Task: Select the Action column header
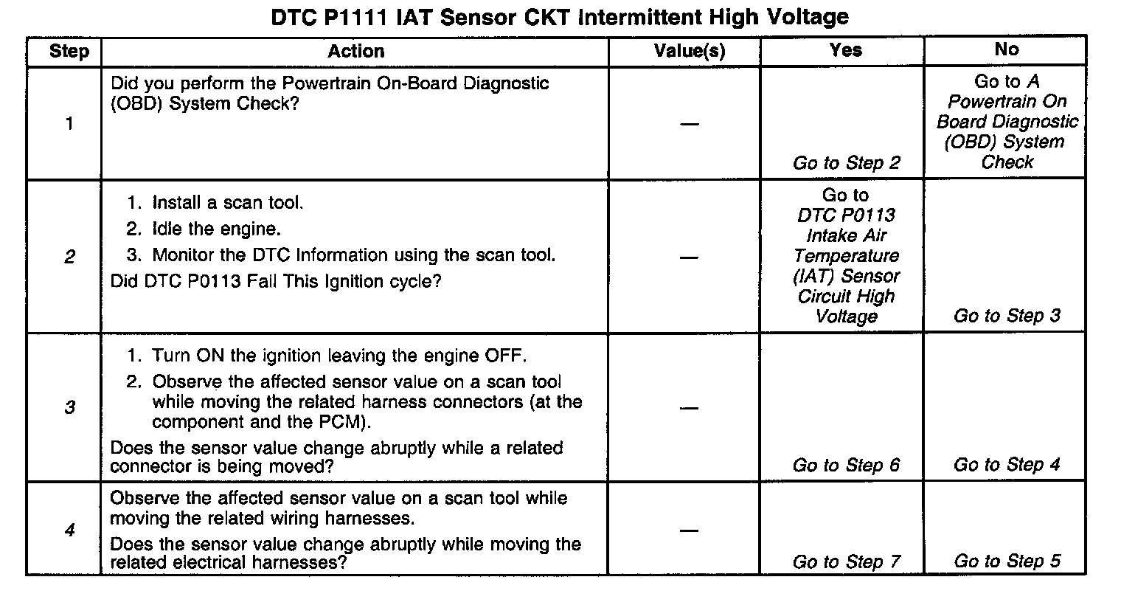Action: [x=356, y=52]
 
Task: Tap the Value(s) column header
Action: [x=690, y=52]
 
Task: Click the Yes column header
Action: [x=845, y=50]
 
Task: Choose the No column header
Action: [x=1007, y=50]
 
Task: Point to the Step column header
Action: [x=69, y=52]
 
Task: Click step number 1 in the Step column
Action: [x=69, y=123]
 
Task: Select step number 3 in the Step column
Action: [x=69, y=407]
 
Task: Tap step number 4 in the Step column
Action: [x=69, y=530]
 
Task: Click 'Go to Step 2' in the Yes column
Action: [x=846, y=163]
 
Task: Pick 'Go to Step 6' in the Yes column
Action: [x=846, y=466]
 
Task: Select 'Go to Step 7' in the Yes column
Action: [x=846, y=562]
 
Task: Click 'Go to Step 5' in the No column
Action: [x=1007, y=561]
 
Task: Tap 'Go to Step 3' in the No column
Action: [x=1007, y=317]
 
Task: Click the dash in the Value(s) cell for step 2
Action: [x=689, y=257]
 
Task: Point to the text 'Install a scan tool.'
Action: [x=227, y=203]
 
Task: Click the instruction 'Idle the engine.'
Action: [x=216, y=229]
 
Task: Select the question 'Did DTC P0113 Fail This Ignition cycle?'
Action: [x=275, y=282]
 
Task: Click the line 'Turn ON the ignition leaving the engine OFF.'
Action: [x=339, y=356]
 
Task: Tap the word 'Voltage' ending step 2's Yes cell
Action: [x=846, y=317]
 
